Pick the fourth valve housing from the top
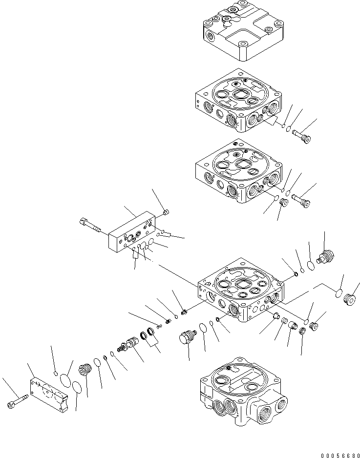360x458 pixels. [x=239, y=291]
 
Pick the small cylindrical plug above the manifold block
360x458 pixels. [x=166, y=212]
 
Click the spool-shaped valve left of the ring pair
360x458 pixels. [x=128, y=345]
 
